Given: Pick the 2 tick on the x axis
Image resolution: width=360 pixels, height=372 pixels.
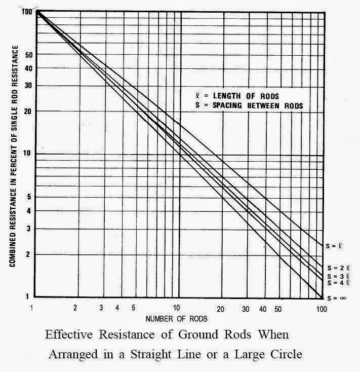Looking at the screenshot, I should click(75, 308).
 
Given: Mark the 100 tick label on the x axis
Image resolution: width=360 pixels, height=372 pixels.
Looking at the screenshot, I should click(321, 309).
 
